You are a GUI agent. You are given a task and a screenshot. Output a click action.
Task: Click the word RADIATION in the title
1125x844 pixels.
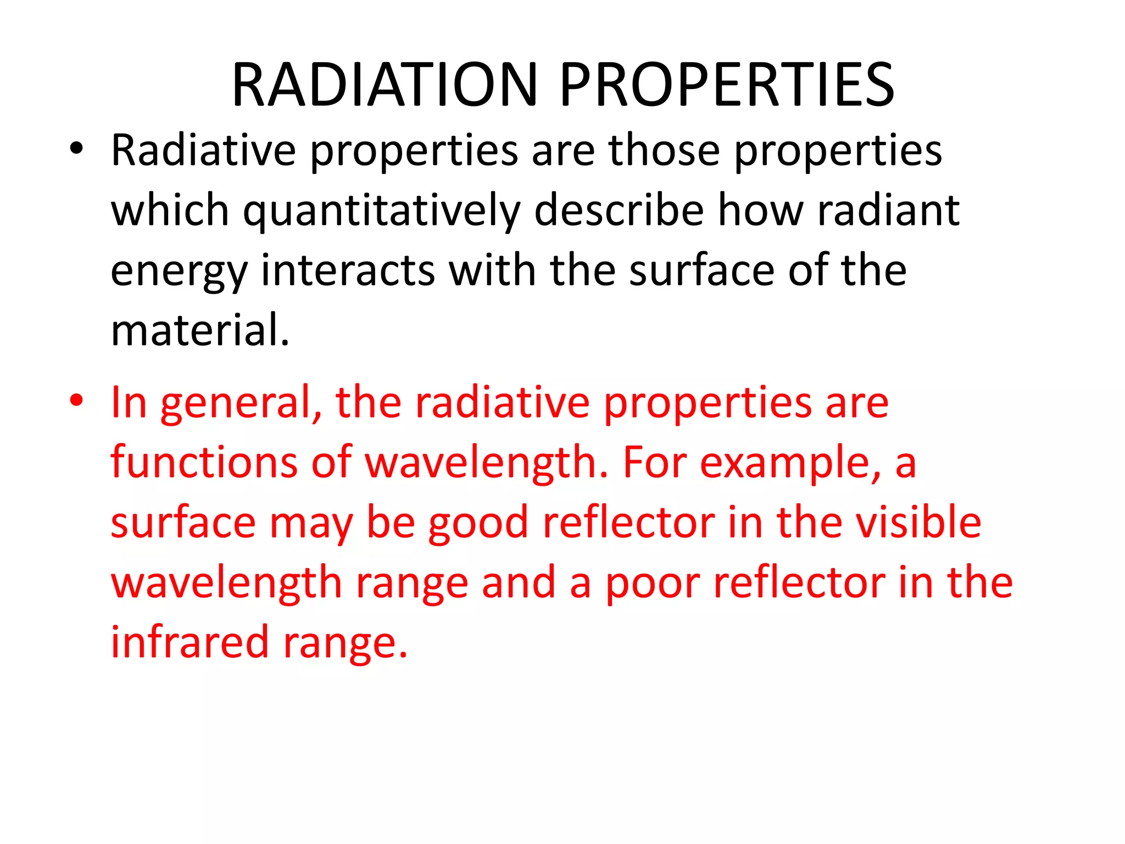pos(385,85)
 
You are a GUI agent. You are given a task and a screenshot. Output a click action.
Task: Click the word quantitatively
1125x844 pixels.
pos(381,212)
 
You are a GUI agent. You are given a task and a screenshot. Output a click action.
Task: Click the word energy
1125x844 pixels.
pos(179,272)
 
